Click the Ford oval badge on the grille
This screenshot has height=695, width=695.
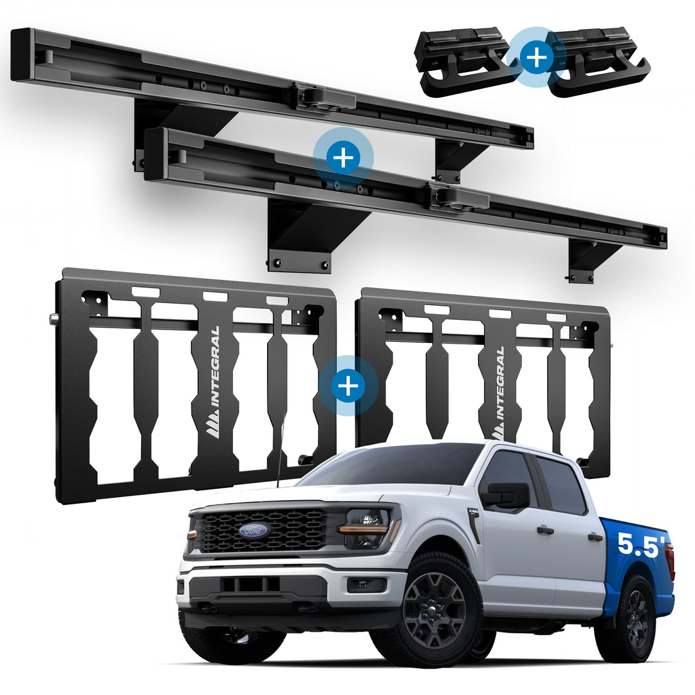point(253,530)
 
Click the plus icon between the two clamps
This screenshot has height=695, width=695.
point(537,57)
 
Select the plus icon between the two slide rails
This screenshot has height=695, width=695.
point(343,158)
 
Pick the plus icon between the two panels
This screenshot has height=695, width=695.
point(348,386)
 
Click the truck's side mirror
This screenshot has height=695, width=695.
point(506,495)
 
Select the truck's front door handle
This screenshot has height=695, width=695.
point(545,530)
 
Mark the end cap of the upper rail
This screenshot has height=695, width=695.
point(22,55)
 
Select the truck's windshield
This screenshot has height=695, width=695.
point(390,465)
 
